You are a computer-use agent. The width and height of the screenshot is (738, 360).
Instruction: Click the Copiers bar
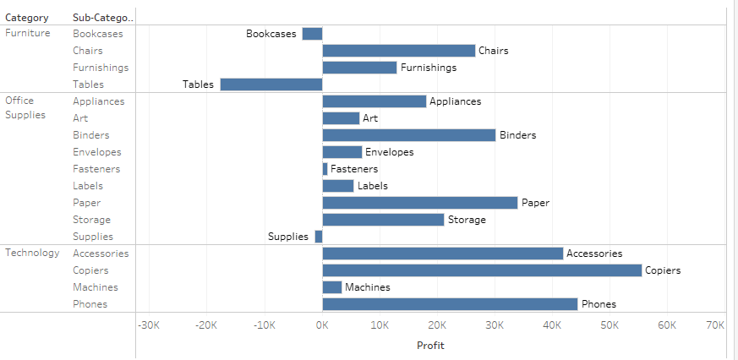pos(482,270)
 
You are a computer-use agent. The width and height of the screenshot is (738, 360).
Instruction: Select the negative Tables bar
pos(271,85)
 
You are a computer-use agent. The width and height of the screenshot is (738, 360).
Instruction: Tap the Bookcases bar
pos(312,34)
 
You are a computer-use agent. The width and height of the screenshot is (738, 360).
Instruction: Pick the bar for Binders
pos(408,135)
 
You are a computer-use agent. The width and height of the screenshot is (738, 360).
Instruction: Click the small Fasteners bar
pos(325,169)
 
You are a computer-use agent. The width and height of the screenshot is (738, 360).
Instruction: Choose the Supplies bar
pos(319,237)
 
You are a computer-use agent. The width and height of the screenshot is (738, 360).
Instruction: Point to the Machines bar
pos(331,287)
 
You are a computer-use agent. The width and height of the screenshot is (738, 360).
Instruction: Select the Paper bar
pos(419,203)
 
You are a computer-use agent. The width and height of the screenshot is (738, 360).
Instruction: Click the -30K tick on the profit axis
pos(149,325)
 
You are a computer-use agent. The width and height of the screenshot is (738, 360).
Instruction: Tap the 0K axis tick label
pos(322,325)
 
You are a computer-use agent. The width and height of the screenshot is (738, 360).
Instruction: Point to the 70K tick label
pos(714,325)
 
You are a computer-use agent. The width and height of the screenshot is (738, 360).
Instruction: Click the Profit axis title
pos(430,345)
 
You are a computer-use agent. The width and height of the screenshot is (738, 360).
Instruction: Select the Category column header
pos(27,18)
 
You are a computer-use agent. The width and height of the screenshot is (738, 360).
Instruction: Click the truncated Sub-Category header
pos(103,18)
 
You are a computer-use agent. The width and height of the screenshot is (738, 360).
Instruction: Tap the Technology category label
pos(32,253)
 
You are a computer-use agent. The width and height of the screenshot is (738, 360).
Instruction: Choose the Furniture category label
pos(28,34)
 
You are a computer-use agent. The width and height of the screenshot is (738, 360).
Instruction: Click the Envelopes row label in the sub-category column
pos(96,152)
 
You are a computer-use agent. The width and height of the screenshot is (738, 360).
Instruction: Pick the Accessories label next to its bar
pos(594,254)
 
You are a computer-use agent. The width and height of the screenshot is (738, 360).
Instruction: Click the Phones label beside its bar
pos(599,304)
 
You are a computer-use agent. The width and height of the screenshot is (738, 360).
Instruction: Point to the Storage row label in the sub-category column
pos(91,220)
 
